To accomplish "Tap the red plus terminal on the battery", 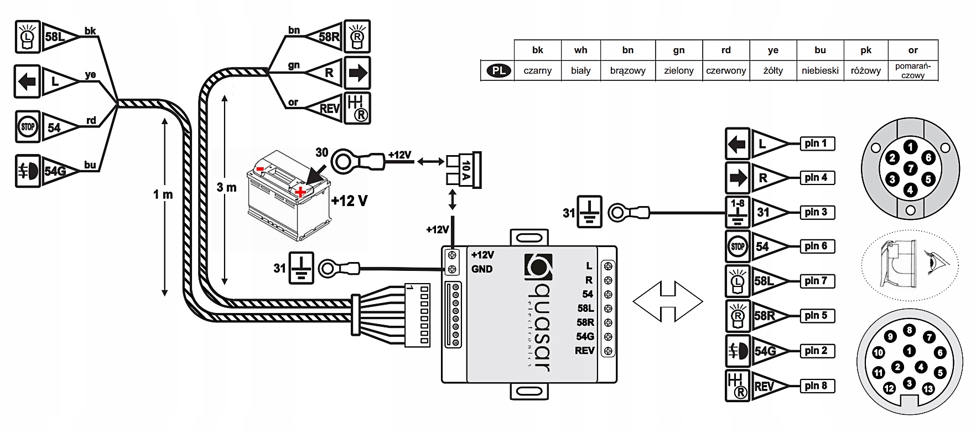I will (300, 192).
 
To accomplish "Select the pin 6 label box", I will (816, 247).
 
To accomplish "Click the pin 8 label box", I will (816, 386).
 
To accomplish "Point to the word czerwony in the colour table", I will (726, 71).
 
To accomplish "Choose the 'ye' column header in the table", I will (773, 50).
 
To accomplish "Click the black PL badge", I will (499, 70).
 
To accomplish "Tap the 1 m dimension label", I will (163, 194).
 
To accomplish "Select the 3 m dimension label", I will (226, 187).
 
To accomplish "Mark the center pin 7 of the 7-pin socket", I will (910, 168).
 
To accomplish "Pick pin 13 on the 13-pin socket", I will (928, 388).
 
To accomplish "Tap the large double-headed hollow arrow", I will (667, 302).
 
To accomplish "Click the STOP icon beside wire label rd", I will (28, 126).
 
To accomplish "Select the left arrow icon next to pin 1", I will (738, 144).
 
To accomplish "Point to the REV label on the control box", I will (584, 351).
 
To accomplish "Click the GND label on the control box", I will (482, 269).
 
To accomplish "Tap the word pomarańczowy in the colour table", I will (913, 71).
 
